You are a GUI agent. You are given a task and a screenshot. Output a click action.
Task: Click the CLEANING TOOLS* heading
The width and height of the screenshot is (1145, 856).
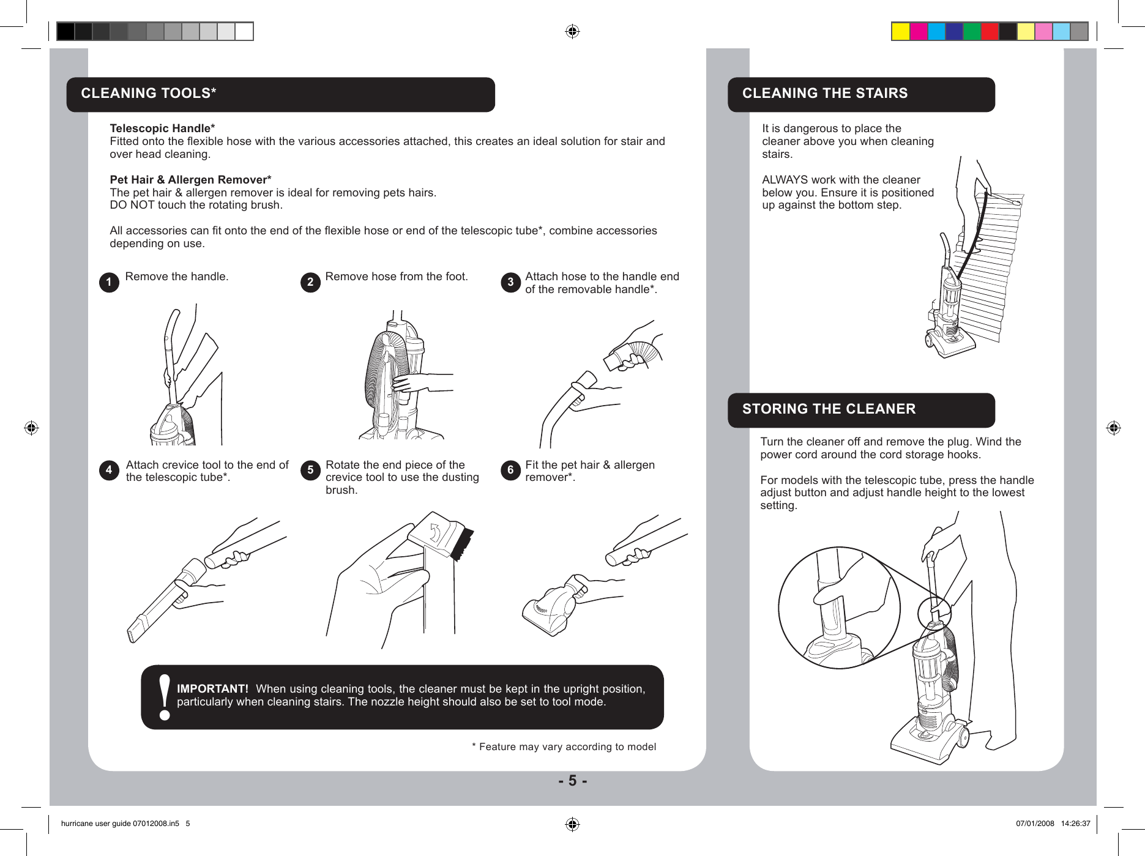pos(149,94)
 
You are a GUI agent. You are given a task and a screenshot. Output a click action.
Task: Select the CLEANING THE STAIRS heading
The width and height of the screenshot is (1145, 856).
pos(824,94)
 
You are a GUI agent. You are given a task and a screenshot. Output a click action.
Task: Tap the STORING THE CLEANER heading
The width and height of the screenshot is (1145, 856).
pos(829,409)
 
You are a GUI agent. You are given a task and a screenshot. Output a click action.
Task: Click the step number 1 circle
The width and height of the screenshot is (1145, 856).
pos(109,282)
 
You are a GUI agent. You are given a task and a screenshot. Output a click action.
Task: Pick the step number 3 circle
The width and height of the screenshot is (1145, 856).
pos(510,282)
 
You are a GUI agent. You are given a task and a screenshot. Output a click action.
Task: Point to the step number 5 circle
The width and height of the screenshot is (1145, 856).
pos(310,470)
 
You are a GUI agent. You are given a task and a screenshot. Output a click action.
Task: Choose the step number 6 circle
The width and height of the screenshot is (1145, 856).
pos(510,470)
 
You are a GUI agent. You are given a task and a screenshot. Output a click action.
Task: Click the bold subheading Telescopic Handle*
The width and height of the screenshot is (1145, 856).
pos(162,128)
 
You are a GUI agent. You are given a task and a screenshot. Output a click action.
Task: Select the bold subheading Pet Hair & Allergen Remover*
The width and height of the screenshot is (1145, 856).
pos(190,180)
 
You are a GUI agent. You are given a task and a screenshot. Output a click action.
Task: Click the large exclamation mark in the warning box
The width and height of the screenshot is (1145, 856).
pos(164,698)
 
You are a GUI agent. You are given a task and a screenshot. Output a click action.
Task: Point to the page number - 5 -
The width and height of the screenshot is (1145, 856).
pos(572,781)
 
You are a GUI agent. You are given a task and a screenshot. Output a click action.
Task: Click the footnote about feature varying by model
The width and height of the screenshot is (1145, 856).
pos(564,747)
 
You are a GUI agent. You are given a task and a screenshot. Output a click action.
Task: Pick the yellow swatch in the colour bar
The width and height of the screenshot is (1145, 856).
pos(900,31)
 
